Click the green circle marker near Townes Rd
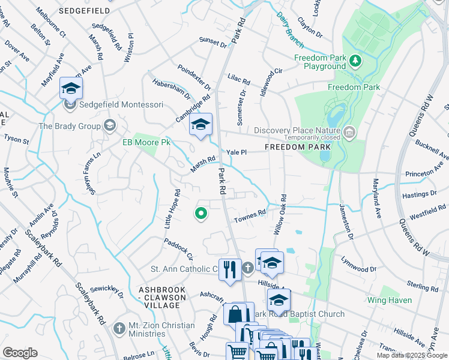(201, 213)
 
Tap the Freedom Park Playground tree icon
(355, 60)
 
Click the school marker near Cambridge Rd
(200, 125)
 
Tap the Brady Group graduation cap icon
(109, 125)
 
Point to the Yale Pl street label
(236, 152)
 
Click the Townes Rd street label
(253, 214)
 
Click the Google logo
(20, 353)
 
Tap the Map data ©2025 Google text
(411, 355)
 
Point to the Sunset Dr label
(213, 43)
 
